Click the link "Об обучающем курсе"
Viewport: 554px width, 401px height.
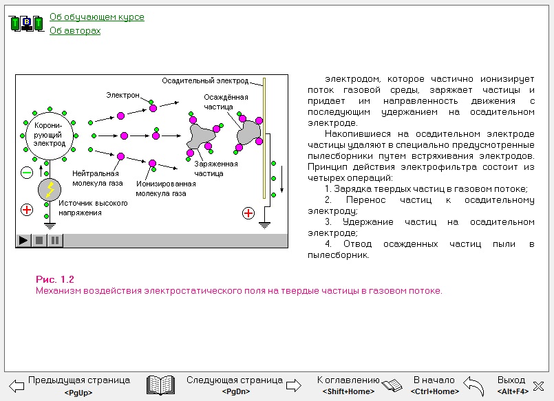[x=97, y=17]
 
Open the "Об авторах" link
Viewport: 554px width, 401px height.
[x=75, y=31]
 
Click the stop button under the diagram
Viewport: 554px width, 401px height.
[x=39, y=240]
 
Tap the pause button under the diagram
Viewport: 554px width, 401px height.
[x=55, y=240]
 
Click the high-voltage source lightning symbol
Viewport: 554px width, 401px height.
[x=50, y=190]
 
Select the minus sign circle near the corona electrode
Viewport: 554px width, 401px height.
[x=27, y=173]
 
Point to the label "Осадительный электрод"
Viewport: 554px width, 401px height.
[x=205, y=81]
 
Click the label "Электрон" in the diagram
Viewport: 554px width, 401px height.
[x=122, y=95]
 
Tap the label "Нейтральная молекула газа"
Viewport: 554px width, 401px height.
[x=98, y=178]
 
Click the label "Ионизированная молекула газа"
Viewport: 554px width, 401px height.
[x=166, y=188]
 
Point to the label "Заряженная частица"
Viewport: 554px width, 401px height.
[x=216, y=169]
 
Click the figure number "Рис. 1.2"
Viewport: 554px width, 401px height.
[x=55, y=279]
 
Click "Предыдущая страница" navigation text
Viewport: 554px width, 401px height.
[x=79, y=380]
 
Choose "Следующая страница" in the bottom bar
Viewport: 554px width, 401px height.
[x=235, y=380]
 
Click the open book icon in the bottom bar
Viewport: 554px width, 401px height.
[x=160, y=385]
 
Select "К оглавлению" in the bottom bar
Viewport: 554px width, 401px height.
[x=348, y=380]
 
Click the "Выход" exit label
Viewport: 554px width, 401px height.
[x=511, y=380]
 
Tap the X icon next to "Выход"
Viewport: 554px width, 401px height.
[x=538, y=386]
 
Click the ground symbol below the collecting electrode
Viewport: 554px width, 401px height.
[x=264, y=225]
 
